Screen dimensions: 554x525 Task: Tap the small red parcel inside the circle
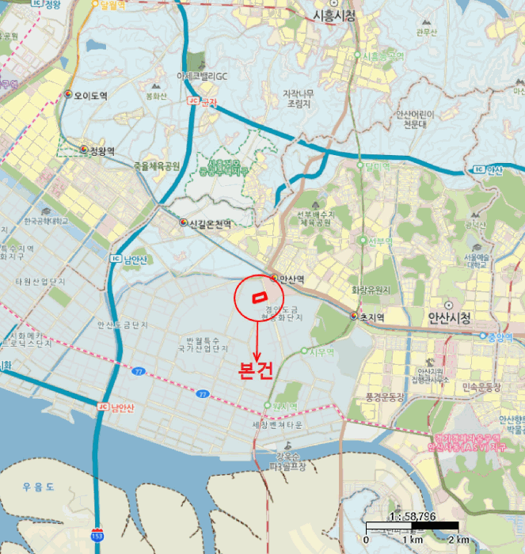coord(258,297)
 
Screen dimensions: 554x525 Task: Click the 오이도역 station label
coord(90,96)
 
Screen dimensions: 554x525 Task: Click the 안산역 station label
coord(291,279)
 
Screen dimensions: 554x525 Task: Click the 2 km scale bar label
coord(459,539)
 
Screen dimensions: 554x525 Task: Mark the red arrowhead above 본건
coord(257,358)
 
